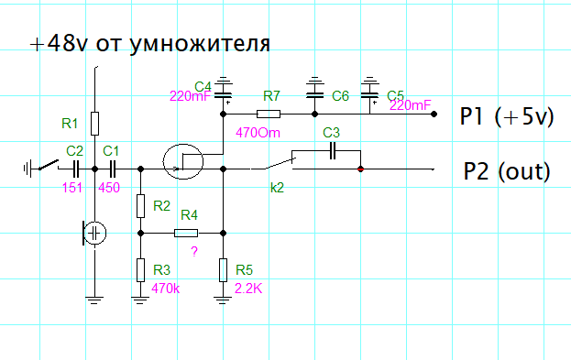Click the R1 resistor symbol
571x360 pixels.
(x=94, y=124)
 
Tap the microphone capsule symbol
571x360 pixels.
(x=94, y=233)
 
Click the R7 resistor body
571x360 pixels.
(x=269, y=114)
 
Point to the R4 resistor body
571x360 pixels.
(x=186, y=233)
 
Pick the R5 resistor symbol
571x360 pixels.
(x=224, y=270)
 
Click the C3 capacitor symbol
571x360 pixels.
(x=332, y=151)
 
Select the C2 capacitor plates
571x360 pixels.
(x=76, y=169)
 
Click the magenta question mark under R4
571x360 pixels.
(x=194, y=251)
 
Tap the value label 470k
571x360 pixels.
(x=166, y=289)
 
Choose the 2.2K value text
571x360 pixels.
(x=248, y=289)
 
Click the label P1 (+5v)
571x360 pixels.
(x=507, y=117)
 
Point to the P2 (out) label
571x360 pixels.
(x=507, y=171)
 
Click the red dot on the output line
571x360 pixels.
(x=360, y=169)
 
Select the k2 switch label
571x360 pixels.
(x=277, y=188)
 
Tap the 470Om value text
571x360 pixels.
(x=258, y=133)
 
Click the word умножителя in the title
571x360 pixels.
(x=200, y=45)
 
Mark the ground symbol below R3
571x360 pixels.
(x=140, y=300)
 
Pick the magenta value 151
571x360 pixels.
(x=72, y=188)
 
